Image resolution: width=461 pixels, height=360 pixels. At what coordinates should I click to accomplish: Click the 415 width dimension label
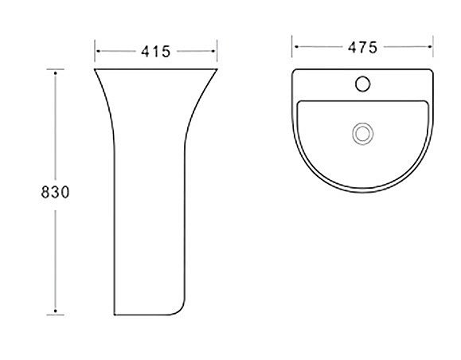pyautogui.click(x=155, y=52)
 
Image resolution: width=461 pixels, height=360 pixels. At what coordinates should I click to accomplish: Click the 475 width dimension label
pyautogui.click(x=362, y=47)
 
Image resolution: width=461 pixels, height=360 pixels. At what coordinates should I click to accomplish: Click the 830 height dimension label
pyautogui.click(x=55, y=193)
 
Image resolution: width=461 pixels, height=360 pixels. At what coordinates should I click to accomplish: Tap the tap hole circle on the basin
pyautogui.click(x=362, y=84)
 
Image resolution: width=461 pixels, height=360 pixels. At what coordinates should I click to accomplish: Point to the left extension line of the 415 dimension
pyautogui.click(x=95, y=51)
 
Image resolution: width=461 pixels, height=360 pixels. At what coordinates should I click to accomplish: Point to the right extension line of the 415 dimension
pyautogui.click(x=217, y=51)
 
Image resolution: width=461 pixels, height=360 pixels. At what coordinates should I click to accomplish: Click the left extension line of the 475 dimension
pyautogui.click(x=291, y=46)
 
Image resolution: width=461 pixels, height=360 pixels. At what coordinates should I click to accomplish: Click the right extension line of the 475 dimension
pyautogui.click(x=433, y=46)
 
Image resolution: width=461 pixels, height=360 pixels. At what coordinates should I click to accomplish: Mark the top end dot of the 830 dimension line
pyautogui.click(x=55, y=72)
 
